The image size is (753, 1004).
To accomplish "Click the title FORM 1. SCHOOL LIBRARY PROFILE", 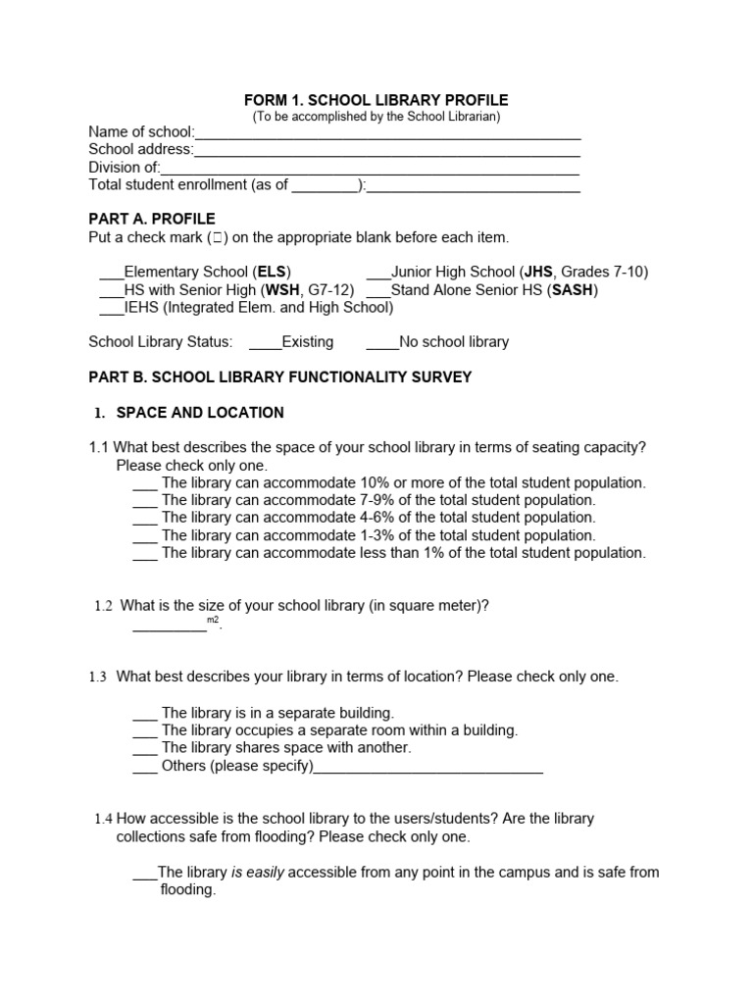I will coord(376,100).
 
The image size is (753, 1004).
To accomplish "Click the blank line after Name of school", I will coord(387,134).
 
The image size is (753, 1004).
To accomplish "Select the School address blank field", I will coord(387,152).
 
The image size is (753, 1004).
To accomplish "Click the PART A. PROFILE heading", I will coord(152,219).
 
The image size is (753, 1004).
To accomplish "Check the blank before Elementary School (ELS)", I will coord(112,274).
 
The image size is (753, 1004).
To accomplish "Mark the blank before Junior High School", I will coord(378,274).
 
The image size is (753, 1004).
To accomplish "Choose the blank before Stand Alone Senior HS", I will coord(378,291).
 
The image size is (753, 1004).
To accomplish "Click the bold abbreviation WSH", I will coord(283,290).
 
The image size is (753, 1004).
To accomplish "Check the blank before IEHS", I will coord(112,309).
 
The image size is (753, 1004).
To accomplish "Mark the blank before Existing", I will coord(265,344).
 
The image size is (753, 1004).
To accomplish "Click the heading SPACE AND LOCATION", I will coord(200,413).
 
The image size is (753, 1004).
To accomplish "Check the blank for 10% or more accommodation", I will coord(144,484).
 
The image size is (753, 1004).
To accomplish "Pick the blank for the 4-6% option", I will coord(144,519).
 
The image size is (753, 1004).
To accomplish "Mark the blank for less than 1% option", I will coord(144,554).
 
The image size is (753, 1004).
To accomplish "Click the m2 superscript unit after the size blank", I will coord(213,621).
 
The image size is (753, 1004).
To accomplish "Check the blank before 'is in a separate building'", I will coord(144,714).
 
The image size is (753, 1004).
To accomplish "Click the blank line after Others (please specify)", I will coord(427,768).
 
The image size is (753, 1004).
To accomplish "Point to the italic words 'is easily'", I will coord(258,873).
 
